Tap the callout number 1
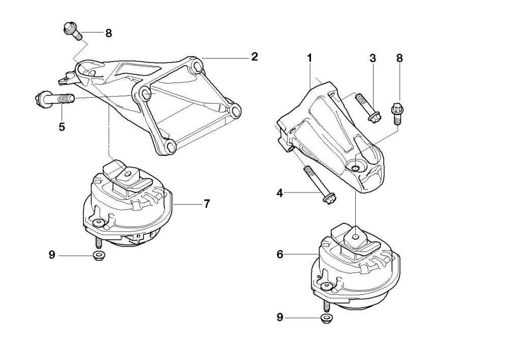(x=309, y=59)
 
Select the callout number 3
(x=373, y=59)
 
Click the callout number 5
(x=62, y=127)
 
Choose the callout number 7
(x=207, y=204)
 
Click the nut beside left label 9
(x=98, y=255)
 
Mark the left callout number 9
(x=52, y=255)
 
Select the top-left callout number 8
(x=108, y=34)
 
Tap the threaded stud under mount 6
(x=324, y=306)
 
